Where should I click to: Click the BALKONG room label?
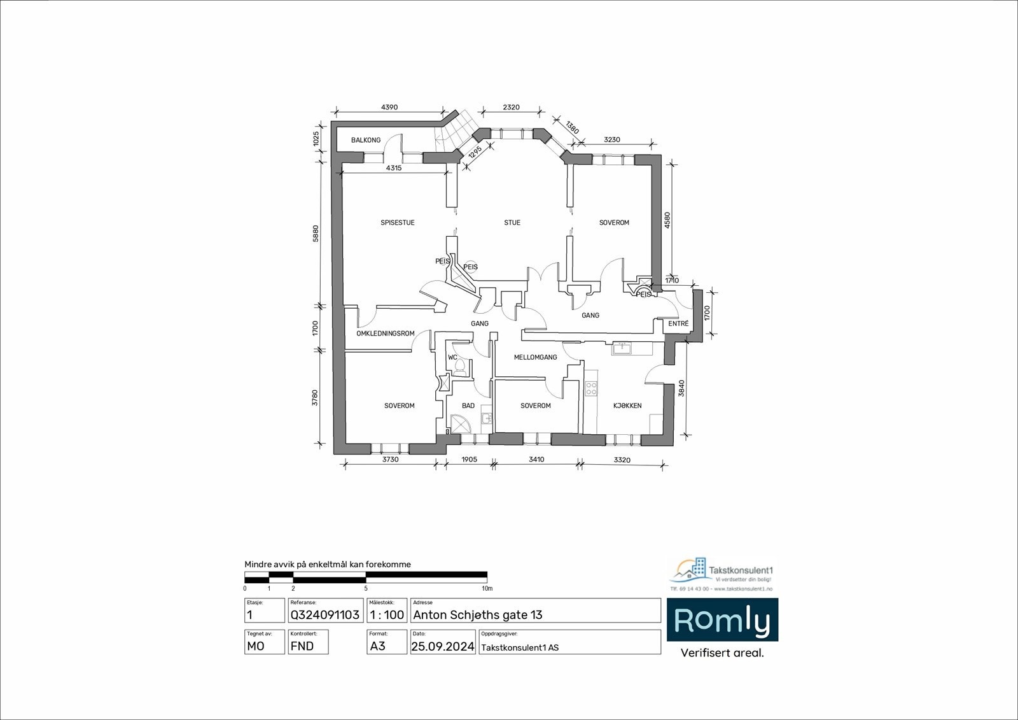[366, 140]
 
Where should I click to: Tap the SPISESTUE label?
[398, 223]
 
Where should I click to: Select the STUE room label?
[512, 223]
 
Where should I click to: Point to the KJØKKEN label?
[627, 406]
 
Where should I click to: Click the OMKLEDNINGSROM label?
[386, 334]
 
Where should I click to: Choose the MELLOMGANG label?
[536, 358]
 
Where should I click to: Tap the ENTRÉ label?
[678, 324]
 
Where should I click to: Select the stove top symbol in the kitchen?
[591, 388]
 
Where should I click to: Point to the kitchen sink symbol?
[620, 348]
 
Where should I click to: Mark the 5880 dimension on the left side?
[316, 234]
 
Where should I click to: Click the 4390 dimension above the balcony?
[389, 108]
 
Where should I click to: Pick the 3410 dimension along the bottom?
[536, 460]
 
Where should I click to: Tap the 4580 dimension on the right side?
[667, 220]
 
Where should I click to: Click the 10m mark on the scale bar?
[487, 589]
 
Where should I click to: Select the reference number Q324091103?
[325, 615]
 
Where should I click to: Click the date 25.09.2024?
[443, 647]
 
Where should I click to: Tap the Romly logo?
[722, 620]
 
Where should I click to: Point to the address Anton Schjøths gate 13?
[478, 615]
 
